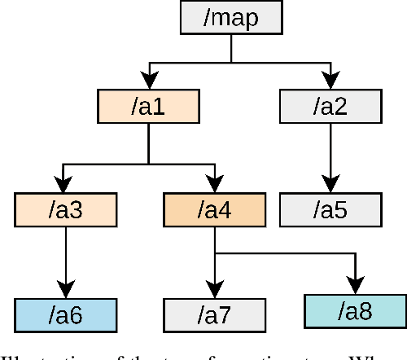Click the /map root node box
[x=231, y=17]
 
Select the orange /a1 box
[x=148, y=106]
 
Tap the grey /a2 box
[x=330, y=106]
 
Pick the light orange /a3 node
[x=65, y=210]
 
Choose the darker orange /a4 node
[x=214, y=210]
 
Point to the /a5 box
[x=330, y=210]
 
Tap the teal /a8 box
[x=355, y=310]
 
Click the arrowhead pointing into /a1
[x=148, y=81]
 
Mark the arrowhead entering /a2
[x=330, y=81]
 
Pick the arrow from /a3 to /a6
[x=65, y=261]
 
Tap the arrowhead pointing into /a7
[x=214, y=290]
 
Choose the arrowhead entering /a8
[x=355, y=285]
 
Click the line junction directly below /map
[x=231, y=61]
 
